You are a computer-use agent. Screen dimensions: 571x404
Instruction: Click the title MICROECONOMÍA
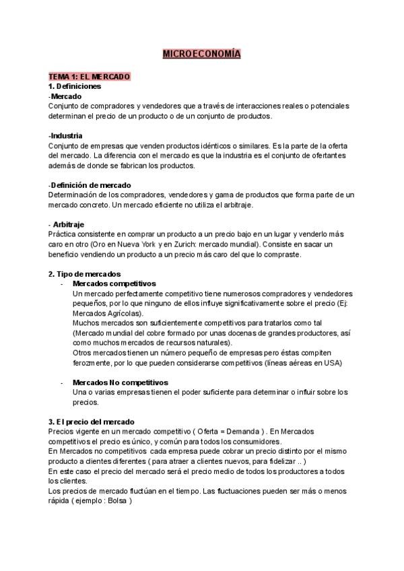[201, 53]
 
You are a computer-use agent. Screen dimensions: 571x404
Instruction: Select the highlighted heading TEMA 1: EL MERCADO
[89, 77]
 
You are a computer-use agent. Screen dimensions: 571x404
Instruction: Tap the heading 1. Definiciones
[75, 86]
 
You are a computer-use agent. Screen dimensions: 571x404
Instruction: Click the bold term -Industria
[66, 135]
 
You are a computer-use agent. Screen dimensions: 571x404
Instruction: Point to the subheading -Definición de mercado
[90, 184]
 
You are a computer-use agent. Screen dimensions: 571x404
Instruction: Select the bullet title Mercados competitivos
[114, 283]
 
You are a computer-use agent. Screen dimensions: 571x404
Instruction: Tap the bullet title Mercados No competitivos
[121, 382]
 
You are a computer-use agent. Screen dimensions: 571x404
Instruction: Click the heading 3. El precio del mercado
[91, 421]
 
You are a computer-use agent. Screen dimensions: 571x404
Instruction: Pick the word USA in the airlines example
[334, 362]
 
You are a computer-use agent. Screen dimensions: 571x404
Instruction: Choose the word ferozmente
[94, 362]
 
